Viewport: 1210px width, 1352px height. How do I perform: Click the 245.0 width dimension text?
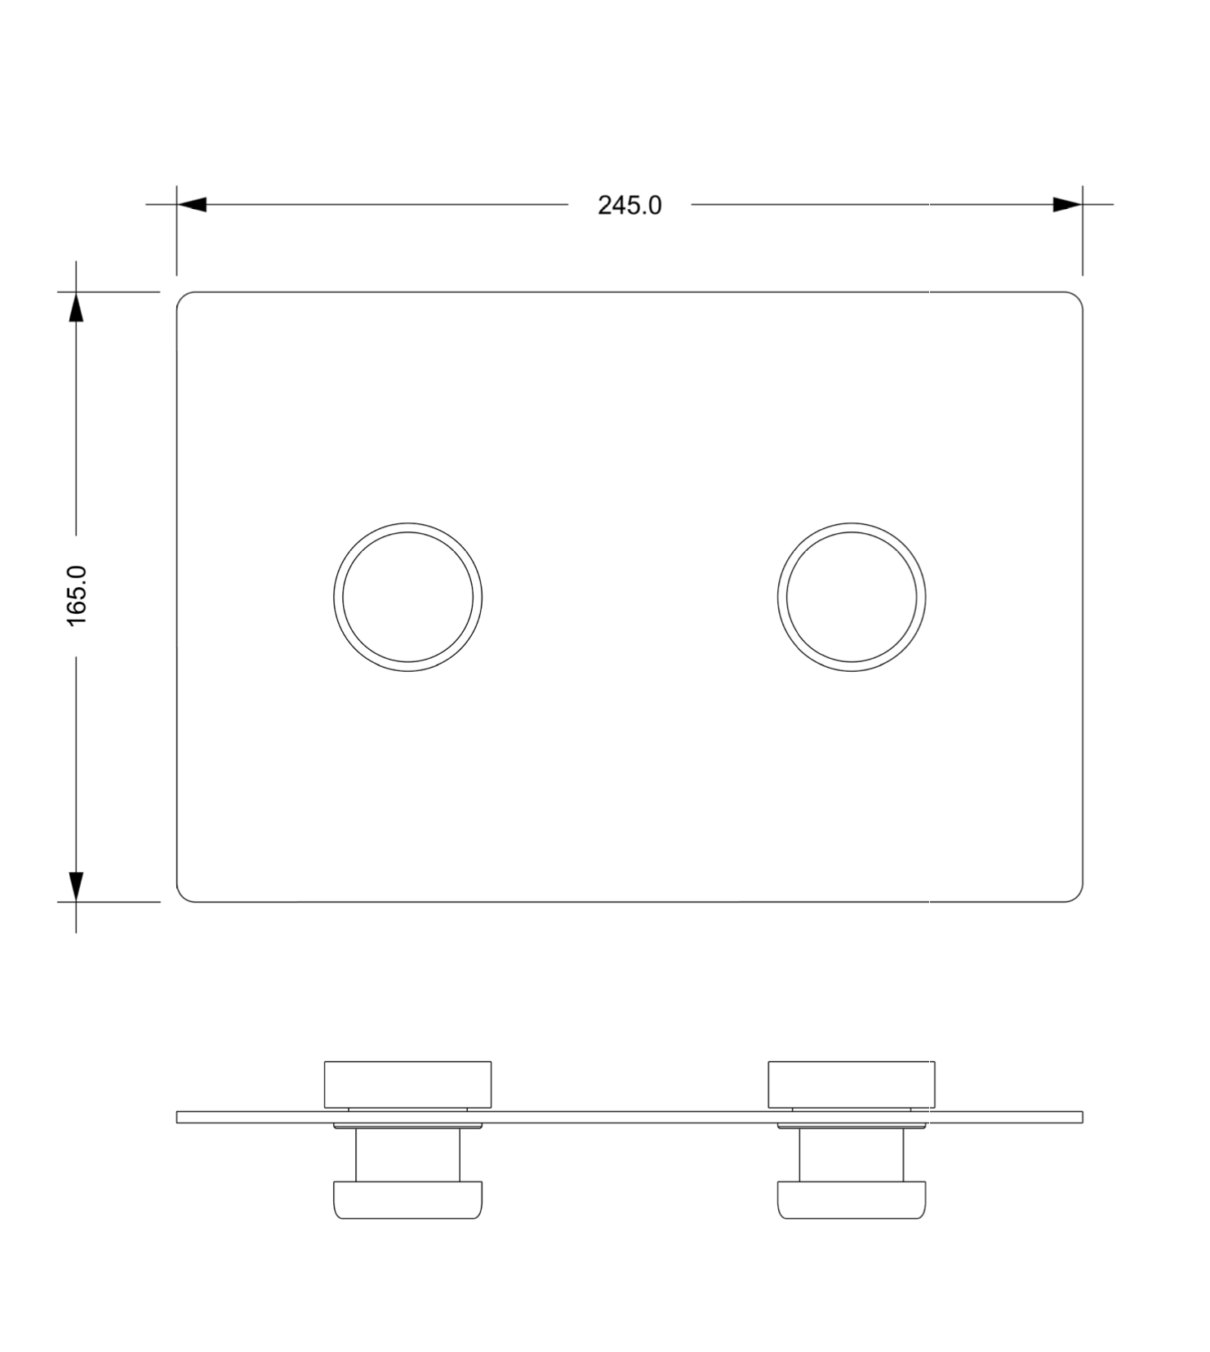click(x=629, y=205)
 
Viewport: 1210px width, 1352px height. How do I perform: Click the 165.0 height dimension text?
click(x=77, y=596)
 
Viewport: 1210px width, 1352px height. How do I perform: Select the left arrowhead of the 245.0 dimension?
click(x=192, y=204)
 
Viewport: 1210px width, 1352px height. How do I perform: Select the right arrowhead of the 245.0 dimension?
click(x=1066, y=204)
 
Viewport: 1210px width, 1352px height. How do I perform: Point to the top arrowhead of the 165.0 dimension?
click(x=76, y=308)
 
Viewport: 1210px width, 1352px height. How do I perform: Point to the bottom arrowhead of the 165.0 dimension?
click(x=76, y=886)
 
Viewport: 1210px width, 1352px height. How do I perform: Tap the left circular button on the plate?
click(x=407, y=597)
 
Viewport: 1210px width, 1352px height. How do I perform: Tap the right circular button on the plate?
click(x=852, y=597)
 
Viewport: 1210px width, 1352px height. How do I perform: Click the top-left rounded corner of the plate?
click(x=182, y=297)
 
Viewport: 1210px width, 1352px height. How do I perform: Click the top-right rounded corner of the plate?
click(x=1077, y=297)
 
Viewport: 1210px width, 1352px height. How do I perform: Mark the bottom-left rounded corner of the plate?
click(x=182, y=896)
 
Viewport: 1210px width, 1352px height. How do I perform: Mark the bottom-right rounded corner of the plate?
click(x=1077, y=896)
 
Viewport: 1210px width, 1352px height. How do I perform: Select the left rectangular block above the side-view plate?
click(x=407, y=1084)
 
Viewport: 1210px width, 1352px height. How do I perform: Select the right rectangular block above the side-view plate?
click(x=852, y=1084)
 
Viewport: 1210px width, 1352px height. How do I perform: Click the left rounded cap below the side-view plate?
click(x=407, y=1199)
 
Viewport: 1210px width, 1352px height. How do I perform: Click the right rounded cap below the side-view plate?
click(x=852, y=1199)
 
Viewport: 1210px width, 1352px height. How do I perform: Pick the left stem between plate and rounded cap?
click(x=407, y=1154)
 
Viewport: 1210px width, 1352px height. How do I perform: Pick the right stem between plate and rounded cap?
click(x=852, y=1154)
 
